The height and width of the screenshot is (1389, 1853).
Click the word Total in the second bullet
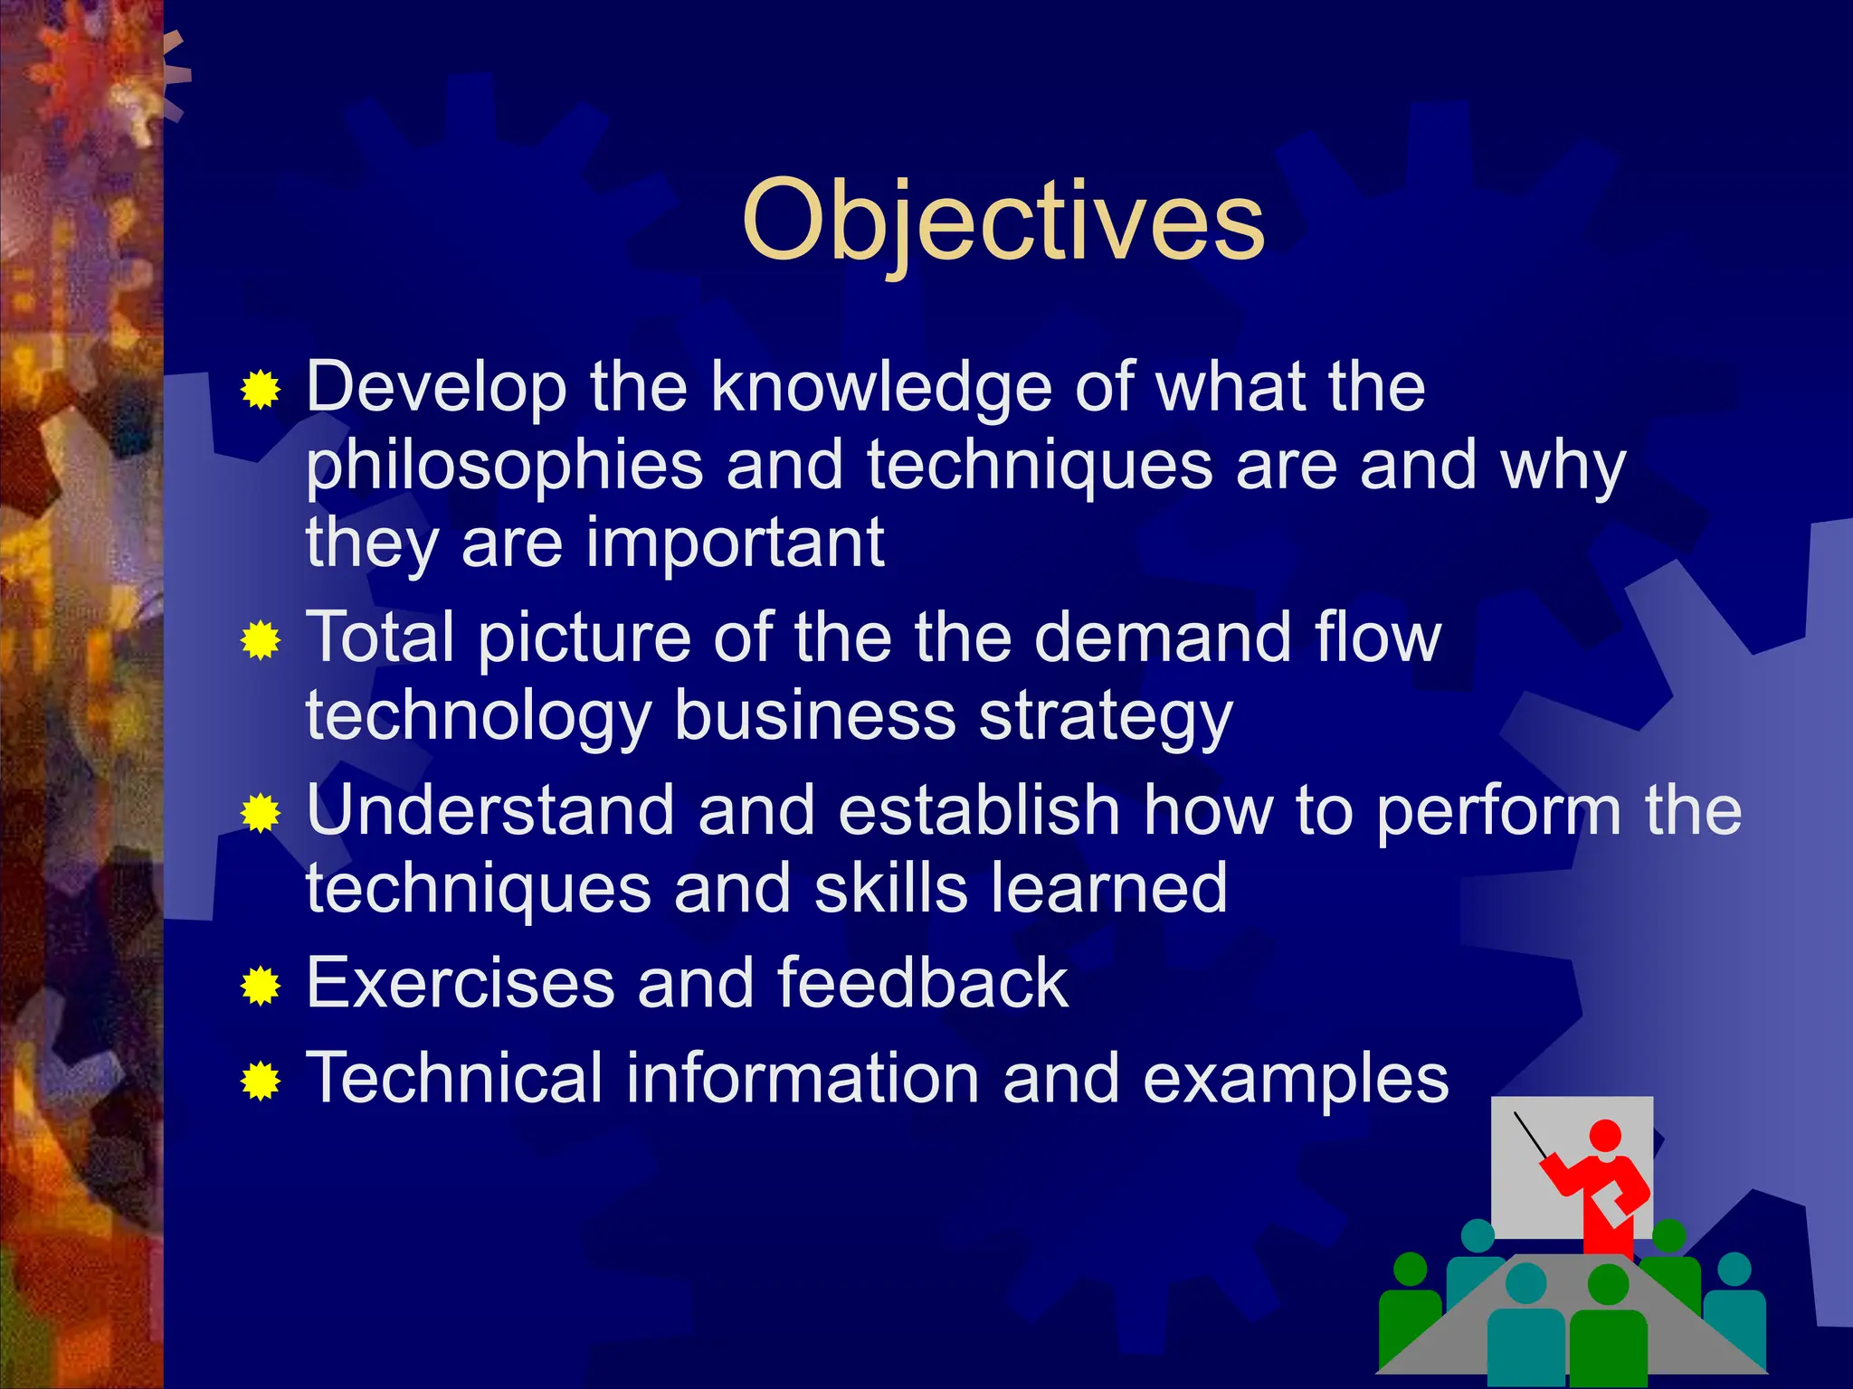381,638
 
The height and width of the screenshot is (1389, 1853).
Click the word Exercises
461,984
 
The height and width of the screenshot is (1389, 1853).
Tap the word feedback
922,984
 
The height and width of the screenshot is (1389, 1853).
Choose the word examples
1296,1080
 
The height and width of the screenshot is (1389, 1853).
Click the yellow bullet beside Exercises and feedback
261,986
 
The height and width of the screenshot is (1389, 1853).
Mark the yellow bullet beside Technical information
261,1082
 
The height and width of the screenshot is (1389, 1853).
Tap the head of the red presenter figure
1605,1136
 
